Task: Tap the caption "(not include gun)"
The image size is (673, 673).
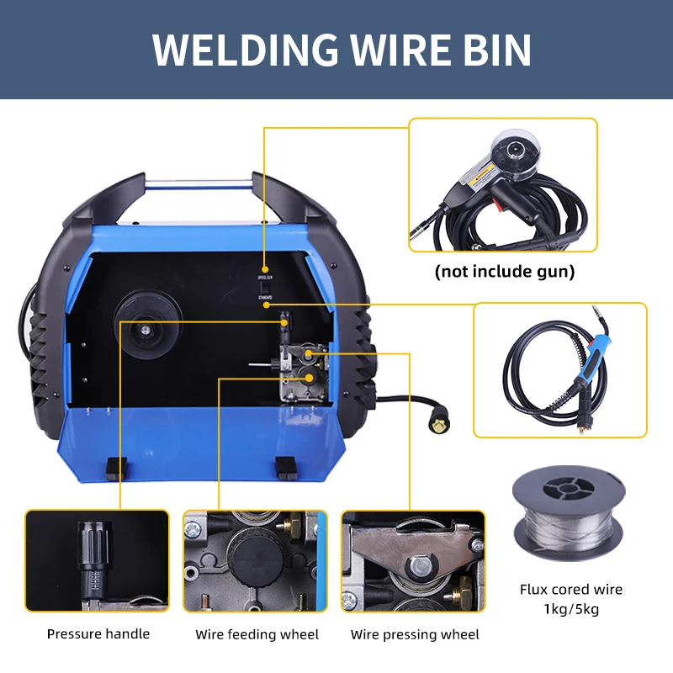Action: [x=505, y=272]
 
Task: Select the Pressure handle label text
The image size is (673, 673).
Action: [x=98, y=633]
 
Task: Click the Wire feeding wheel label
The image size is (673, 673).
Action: [x=257, y=633]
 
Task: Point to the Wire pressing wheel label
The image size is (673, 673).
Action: [x=415, y=633]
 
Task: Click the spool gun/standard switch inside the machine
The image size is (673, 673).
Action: [x=263, y=287]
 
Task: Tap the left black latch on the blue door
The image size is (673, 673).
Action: [x=116, y=467]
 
